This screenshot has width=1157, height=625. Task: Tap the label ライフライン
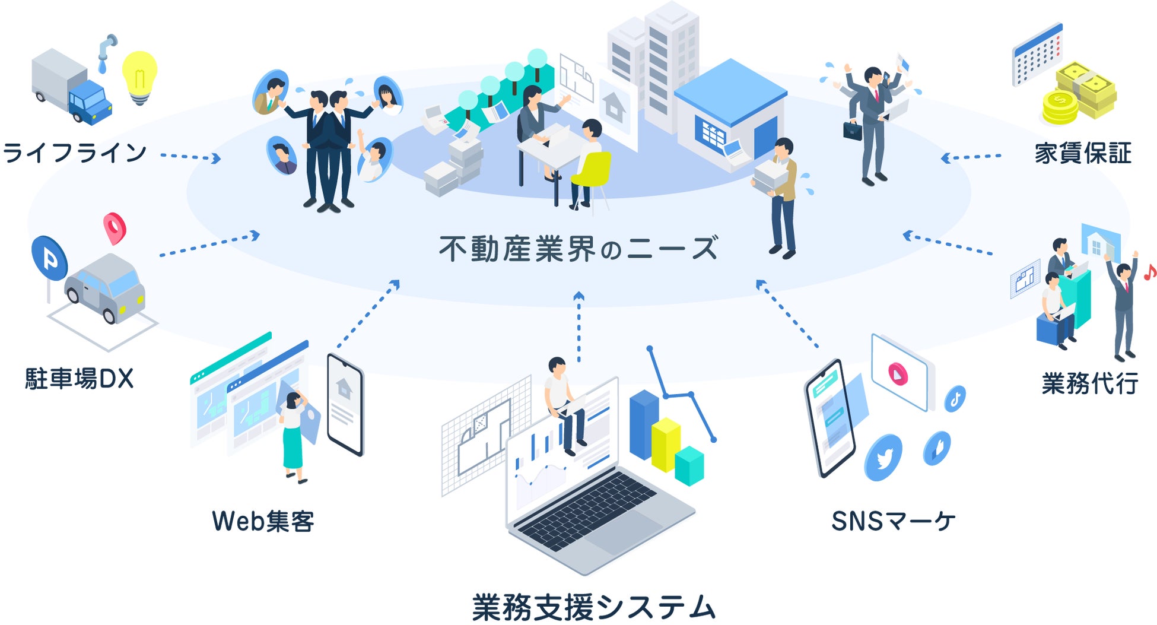point(75,153)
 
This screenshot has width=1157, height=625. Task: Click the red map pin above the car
point(115,227)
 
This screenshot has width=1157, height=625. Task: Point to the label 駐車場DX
point(79,379)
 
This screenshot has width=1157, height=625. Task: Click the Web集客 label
point(263,521)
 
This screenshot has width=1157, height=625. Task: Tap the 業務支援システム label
point(593,607)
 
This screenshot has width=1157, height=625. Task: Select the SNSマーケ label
point(893,521)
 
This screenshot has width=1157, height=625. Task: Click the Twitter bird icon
point(883,458)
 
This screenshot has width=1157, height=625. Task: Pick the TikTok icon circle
point(955,398)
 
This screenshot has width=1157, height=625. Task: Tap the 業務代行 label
point(1090,383)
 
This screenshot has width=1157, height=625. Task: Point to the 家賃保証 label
point(1083,153)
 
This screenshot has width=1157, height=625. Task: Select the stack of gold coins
point(1060,107)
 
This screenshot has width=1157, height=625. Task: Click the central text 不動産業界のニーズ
point(578,249)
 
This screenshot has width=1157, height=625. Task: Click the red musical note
point(1149,272)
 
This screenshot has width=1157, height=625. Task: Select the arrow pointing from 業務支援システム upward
point(579,326)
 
